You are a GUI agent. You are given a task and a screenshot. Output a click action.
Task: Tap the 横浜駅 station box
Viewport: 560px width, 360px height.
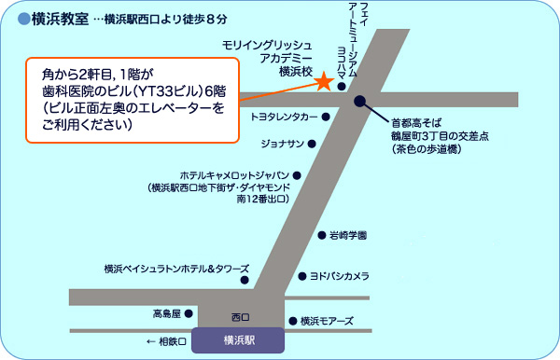(x=238, y=339)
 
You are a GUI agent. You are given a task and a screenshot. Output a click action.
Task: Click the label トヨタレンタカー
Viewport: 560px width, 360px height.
(x=286, y=118)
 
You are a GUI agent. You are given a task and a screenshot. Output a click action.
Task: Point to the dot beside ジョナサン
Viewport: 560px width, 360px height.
(x=312, y=144)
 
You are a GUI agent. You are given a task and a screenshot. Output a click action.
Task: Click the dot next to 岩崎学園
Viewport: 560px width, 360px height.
(x=321, y=235)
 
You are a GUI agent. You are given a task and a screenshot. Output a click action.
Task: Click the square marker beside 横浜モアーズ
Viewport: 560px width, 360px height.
(x=292, y=320)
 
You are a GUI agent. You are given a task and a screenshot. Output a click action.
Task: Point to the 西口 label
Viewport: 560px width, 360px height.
(x=241, y=317)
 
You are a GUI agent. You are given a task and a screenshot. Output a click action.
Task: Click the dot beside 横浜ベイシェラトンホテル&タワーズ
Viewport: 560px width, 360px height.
(x=245, y=279)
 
